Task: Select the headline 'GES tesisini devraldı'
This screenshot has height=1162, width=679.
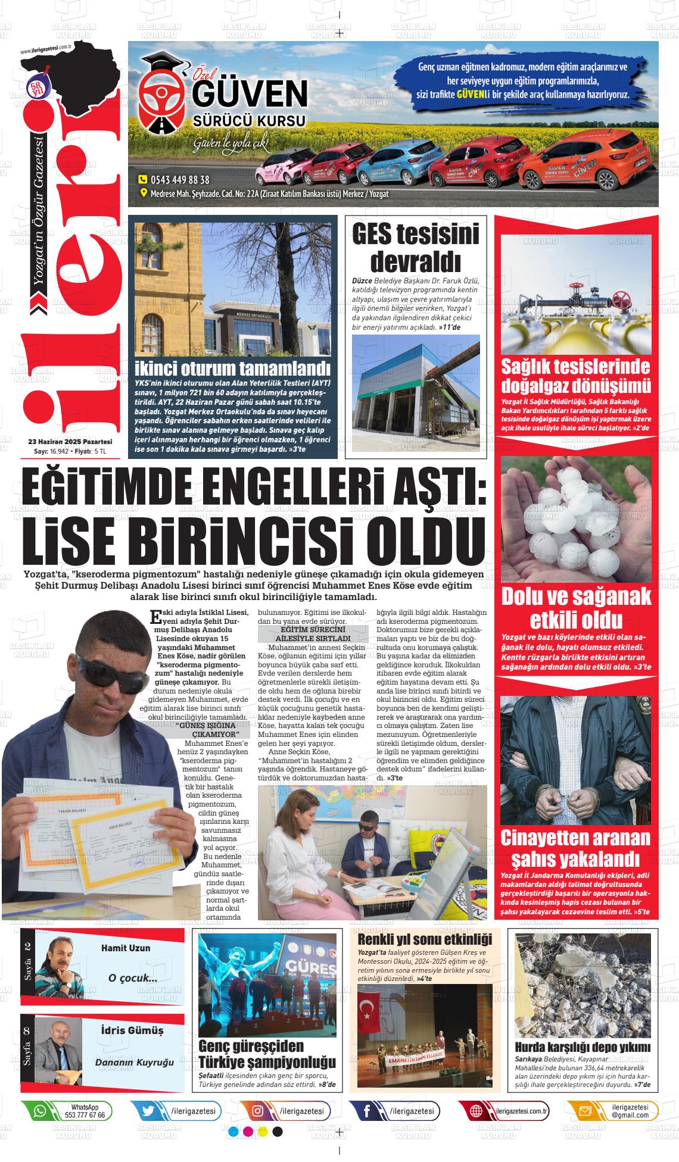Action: point(416,248)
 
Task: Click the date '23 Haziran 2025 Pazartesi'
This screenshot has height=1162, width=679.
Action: point(70,442)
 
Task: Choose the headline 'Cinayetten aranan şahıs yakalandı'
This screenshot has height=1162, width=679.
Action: point(575,848)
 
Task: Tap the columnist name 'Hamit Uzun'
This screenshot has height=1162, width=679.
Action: point(126,948)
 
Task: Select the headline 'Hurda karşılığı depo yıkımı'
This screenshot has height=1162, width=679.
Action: point(583,1047)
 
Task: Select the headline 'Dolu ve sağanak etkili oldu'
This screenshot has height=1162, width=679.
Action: point(576,608)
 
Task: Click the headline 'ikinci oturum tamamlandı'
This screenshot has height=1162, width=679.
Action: point(232,368)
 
